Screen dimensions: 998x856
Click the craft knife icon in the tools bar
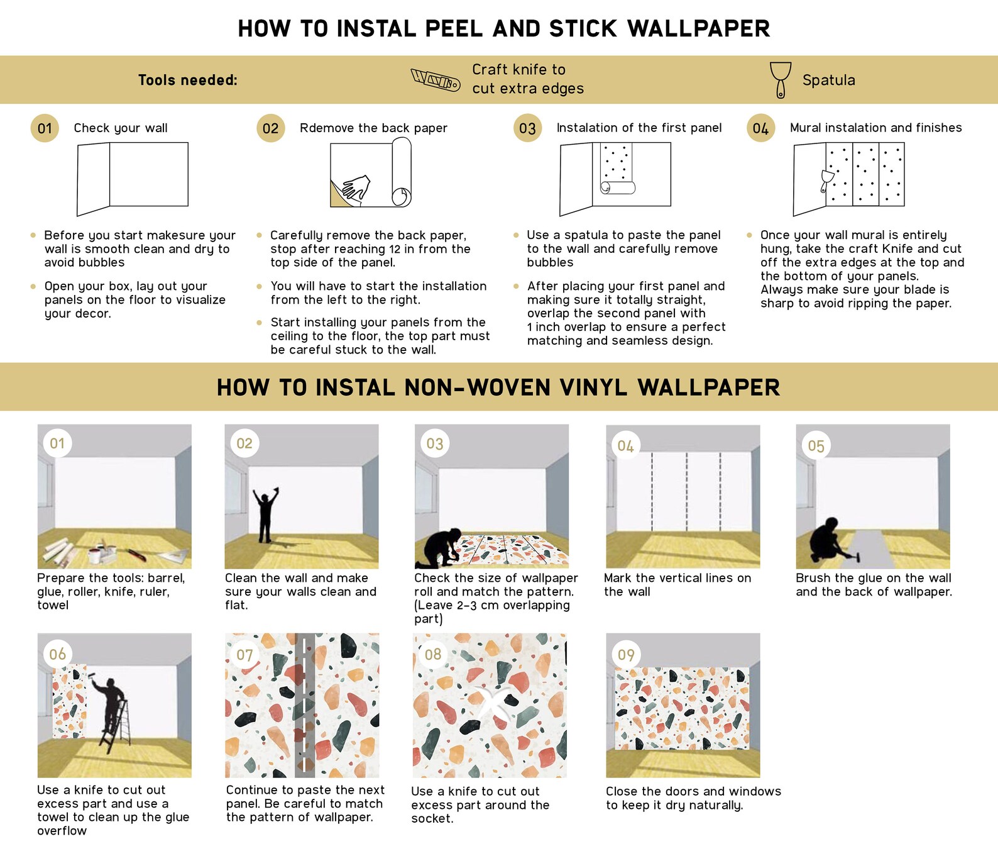click(x=435, y=79)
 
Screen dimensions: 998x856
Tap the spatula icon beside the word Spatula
click(x=781, y=80)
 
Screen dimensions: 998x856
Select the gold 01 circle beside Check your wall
click(x=45, y=128)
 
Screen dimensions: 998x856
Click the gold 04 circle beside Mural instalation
click(x=760, y=128)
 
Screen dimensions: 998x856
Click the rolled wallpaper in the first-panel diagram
click(x=618, y=187)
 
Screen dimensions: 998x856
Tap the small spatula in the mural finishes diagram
click(x=826, y=180)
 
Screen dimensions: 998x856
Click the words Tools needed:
click(x=188, y=80)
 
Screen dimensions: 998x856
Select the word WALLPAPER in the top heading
click(x=698, y=28)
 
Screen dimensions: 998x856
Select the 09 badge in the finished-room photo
click(x=626, y=655)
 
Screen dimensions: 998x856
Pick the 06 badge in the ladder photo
click(x=57, y=654)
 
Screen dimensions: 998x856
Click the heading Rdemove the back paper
click(x=373, y=128)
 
